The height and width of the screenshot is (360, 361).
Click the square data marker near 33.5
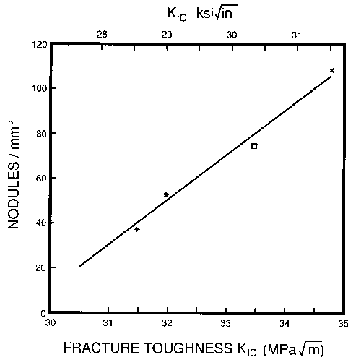coord(254,146)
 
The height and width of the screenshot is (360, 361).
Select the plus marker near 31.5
coord(137,229)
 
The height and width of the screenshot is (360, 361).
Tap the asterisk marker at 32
coord(167,195)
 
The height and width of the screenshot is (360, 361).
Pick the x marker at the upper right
coord(331,70)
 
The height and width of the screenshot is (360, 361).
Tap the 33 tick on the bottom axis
coord(226,322)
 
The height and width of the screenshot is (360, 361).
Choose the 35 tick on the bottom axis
coord(342,322)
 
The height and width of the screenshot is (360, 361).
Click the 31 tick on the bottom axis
coord(108,322)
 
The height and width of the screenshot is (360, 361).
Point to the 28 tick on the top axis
coord(103,34)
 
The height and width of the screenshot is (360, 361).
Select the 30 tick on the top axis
coord(232,34)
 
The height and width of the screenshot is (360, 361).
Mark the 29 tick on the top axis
coord(167,34)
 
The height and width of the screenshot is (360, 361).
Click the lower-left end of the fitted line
coord(79,265)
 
